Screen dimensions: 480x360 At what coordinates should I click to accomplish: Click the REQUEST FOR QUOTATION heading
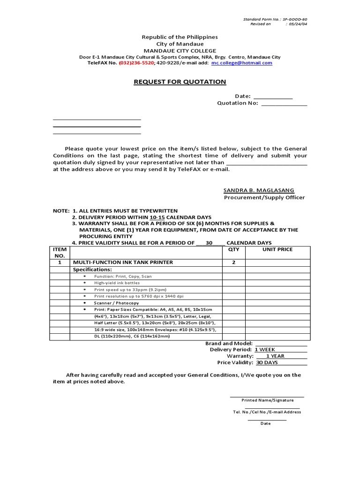[x=180, y=82]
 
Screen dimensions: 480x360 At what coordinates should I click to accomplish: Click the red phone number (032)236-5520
[x=136, y=63]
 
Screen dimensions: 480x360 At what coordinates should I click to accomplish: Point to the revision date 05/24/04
[x=298, y=24]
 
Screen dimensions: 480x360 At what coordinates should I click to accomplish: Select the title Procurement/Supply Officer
[x=264, y=197]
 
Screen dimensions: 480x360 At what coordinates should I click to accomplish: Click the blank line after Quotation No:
[x=284, y=104]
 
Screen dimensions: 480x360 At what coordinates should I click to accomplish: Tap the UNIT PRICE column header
[x=277, y=249]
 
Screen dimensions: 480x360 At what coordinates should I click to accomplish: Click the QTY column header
[x=233, y=249]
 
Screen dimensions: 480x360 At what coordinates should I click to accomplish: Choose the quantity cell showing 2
[x=233, y=262]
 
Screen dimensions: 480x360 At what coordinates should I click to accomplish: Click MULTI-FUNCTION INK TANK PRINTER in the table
[x=122, y=262]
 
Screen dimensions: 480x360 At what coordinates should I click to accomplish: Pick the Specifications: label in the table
[x=92, y=270]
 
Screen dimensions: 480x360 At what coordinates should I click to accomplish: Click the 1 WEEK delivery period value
[x=265, y=350]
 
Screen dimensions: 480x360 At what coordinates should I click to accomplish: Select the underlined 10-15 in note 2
[x=157, y=217]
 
